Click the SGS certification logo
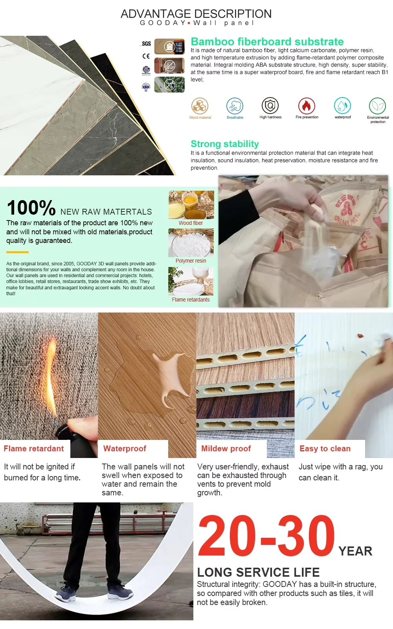click(146, 44)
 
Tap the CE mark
click(146, 56)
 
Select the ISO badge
click(146, 87)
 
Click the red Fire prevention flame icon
click(307, 106)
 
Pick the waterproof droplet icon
click(342, 106)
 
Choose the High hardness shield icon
click(270, 106)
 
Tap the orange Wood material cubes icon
click(200, 106)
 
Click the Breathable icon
click(235, 106)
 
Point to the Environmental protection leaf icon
click(378, 106)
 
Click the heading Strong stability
click(224, 144)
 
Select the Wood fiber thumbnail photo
click(191, 205)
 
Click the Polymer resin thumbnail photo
click(191, 243)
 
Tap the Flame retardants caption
click(191, 300)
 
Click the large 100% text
click(31, 208)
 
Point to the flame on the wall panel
click(52, 376)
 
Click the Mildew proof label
click(226, 449)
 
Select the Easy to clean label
click(325, 449)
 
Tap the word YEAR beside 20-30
click(355, 551)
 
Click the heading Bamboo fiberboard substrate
click(267, 42)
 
